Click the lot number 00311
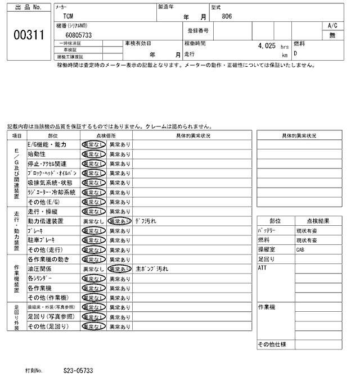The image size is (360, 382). [x=29, y=34]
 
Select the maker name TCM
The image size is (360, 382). [x=67, y=17]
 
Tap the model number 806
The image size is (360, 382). [x=226, y=17]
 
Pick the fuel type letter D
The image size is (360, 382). [x=295, y=54]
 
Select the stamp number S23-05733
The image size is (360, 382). [x=78, y=371]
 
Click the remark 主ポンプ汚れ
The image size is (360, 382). [x=152, y=269]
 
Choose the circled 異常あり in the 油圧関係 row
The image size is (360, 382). [x=119, y=269]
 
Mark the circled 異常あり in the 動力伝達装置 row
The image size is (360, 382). [x=119, y=221]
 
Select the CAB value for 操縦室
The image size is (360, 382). [x=301, y=249]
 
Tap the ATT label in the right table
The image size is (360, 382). [x=262, y=268]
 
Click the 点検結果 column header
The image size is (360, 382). [x=318, y=221]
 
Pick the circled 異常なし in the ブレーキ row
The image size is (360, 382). [x=93, y=231]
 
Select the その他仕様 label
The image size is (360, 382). [x=272, y=344]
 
